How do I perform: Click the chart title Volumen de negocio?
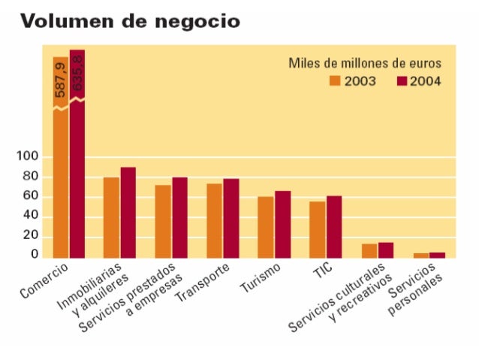(131, 21)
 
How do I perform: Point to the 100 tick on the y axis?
(29, 157)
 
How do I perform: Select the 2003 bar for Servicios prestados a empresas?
(163, 222)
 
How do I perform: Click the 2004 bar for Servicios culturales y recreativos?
(386, 250)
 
